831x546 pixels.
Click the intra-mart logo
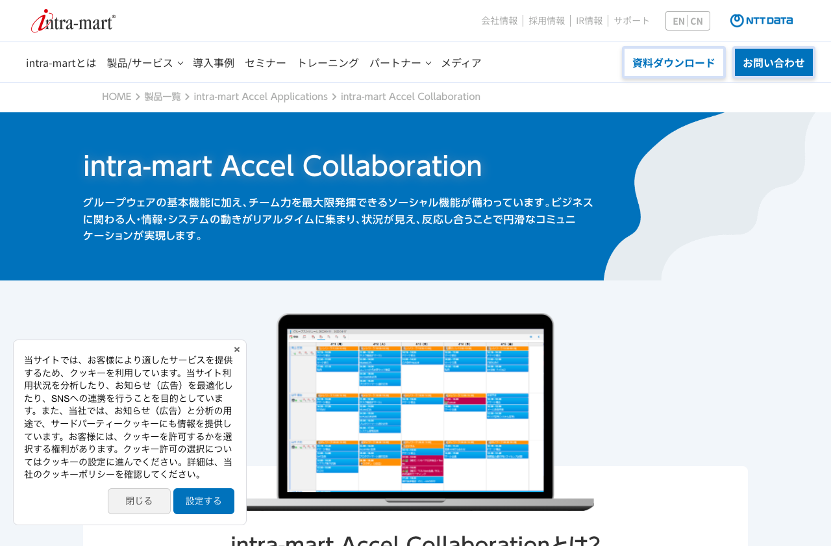(73, 21)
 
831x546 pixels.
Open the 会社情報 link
(499, 21)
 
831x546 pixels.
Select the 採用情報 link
(547, 21)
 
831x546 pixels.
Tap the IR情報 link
(589, 21)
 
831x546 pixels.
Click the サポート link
(632, 21)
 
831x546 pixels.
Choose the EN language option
(678, 21)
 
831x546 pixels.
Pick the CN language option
(697, 21)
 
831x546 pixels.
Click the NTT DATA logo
(762, 21)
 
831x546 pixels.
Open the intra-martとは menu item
(61, 63)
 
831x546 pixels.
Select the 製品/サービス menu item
(140, 63)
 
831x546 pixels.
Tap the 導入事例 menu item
(214, 63)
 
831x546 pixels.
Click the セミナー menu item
(266, 63)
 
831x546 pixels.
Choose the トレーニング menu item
(328, 63)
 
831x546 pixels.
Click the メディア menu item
(461, 63)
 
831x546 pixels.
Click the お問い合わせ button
(773, 63)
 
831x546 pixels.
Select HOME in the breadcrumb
(116, 97)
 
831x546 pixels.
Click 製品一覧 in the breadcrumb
(162, 97)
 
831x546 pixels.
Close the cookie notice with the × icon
(237, 349)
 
